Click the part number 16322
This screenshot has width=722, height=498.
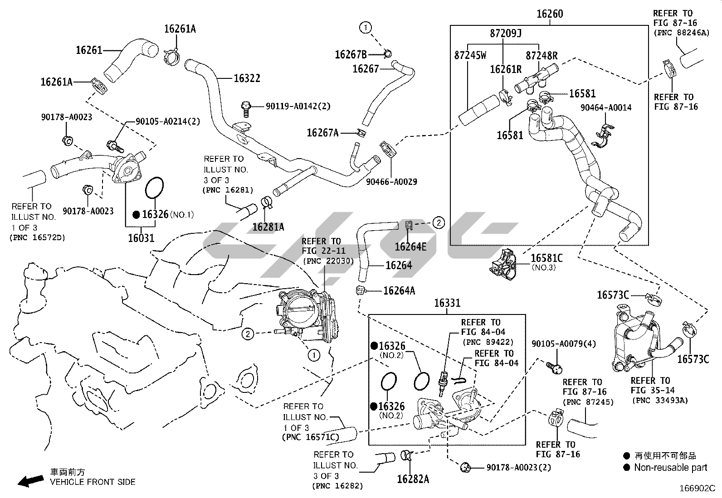click(247, 78)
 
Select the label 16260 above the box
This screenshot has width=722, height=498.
click(550, 14)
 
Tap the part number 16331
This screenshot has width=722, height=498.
click(447, 303)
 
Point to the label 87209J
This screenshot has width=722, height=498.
click(506, 34)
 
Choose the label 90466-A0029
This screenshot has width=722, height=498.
click(392, 182)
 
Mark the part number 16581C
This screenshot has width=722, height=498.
click(546, 258)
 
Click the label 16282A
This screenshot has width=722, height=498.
click(413, 479)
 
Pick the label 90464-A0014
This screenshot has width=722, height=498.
click(606, 107)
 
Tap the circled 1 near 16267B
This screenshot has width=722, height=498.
click(366, 28)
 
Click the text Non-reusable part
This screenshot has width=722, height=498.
click(670, 468)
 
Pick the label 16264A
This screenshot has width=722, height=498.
click(399, 290)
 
